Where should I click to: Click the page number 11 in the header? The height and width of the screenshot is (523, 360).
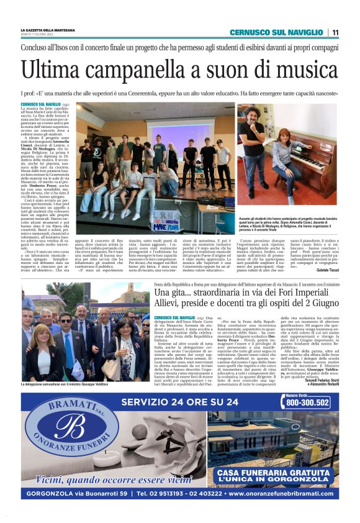[x=335, y=32]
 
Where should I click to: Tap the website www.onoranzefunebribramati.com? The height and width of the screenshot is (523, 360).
[x=282, y=494]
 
